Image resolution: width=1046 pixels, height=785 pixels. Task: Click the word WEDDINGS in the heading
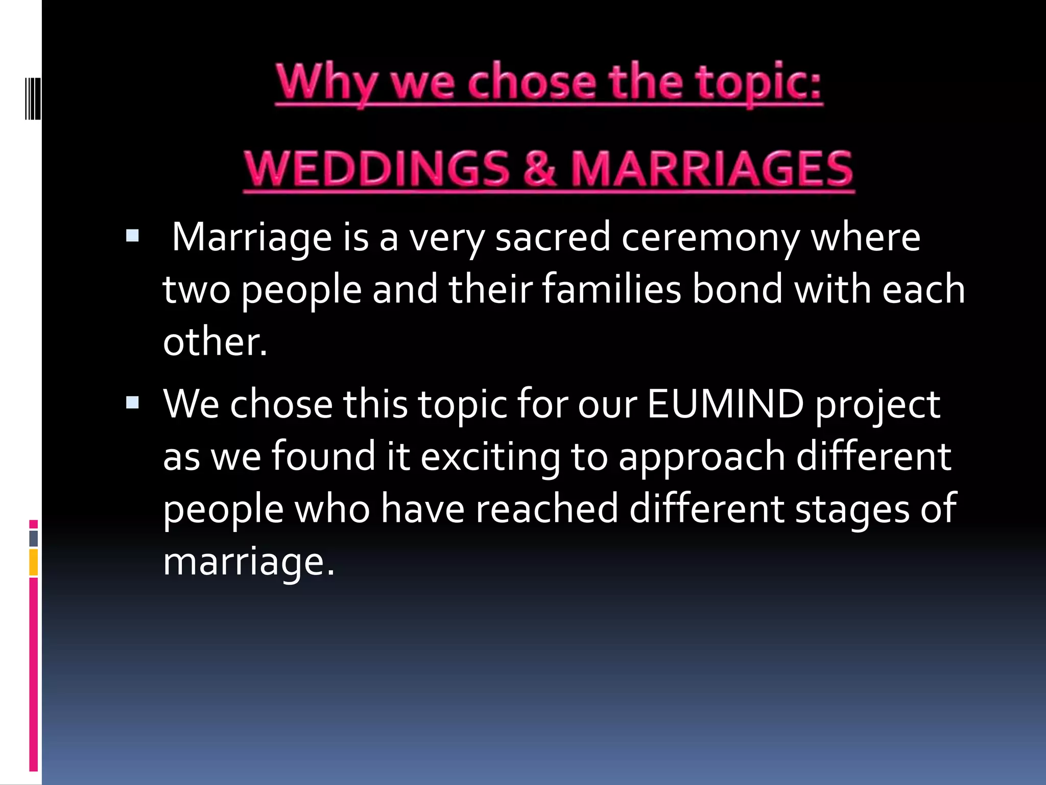[376, 169]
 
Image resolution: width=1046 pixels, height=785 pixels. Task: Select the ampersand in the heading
[539, 169]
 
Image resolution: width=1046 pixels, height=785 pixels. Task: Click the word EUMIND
[725, 404]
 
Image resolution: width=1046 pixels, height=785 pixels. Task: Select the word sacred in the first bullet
[553, 238]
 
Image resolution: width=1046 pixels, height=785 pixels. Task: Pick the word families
[611, 289]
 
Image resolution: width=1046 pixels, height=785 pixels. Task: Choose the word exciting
[490, 457]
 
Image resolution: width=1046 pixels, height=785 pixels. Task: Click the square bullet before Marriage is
[132, 236]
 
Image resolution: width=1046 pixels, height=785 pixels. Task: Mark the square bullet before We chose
[132, 403]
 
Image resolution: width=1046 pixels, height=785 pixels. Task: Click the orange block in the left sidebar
[34, 562]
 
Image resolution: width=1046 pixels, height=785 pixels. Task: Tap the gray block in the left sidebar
[34, 538]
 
